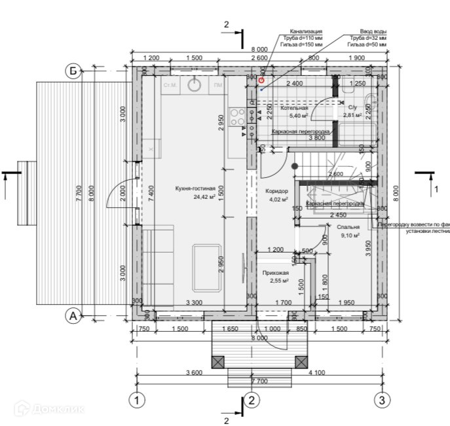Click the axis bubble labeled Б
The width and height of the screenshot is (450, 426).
tap(74, 71)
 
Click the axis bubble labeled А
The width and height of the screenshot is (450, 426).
tap(74, 316)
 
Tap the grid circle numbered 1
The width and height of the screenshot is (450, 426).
tap(136, 399)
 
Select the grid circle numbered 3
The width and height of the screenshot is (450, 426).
tap(382, 399)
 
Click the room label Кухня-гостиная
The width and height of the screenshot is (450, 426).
tap(195, 188)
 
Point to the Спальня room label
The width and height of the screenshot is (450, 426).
tap(348, 227)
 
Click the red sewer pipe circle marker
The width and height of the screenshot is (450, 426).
tap(261, 80)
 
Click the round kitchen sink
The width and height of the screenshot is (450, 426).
tap(195, 84)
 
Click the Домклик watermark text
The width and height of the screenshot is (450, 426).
tap(65, 410)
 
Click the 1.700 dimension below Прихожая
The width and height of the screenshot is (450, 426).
tap(283, 302)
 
